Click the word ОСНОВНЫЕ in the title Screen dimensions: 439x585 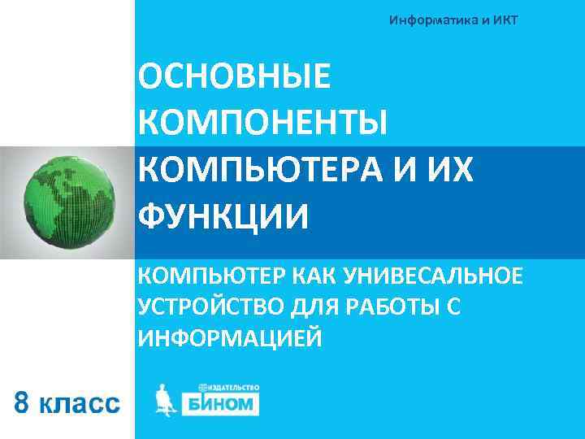pos(235,80)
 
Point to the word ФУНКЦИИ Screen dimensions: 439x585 pos(223,216)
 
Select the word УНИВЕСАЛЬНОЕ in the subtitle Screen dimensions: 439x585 pos(437,276)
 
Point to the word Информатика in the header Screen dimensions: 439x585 pos(433,20)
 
